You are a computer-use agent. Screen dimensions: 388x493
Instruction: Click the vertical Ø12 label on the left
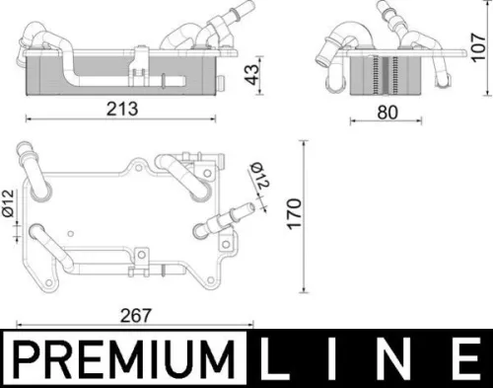tap(8, 209)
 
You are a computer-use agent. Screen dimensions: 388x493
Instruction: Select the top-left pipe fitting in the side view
tap(43, 36)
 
